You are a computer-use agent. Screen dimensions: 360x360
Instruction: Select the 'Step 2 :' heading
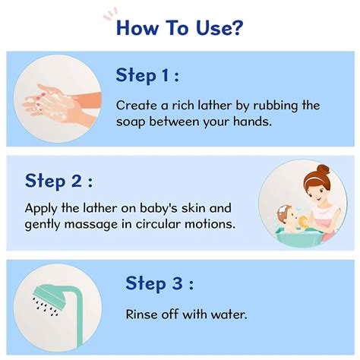[x=59, y=180]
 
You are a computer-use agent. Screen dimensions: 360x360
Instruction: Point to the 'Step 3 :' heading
[x=159, y=284]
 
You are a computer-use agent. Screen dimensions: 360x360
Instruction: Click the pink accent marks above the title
[x=111, y=11]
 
